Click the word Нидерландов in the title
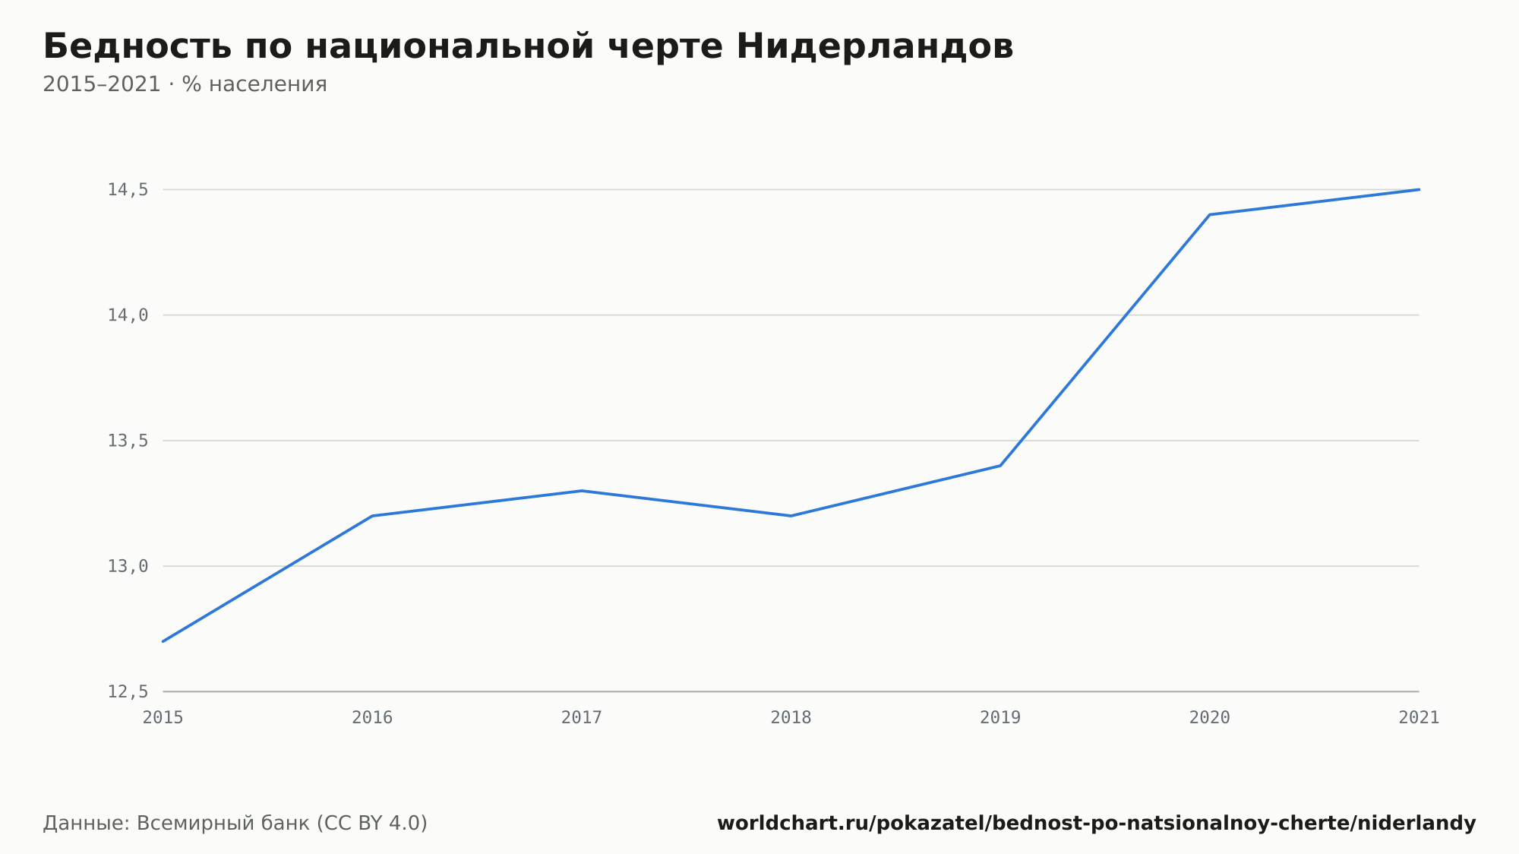[874, 46]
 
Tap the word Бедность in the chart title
[137, 46]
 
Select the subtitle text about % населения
[185, 84]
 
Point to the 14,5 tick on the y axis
[128, 190]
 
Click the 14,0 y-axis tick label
[128, 315]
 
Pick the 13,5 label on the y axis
[128, 441]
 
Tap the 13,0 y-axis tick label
[128, 566]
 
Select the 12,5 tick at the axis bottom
[128, 691]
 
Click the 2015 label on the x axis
[163, 718]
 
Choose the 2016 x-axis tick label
[372, 718]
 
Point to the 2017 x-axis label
[582, 718]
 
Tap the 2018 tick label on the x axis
[791, 718]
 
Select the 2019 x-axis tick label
[1000, 718]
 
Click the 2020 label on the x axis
[1210, 718]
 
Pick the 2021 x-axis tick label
[1419, 718]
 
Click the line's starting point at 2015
[163, 641]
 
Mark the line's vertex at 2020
[1210, 215]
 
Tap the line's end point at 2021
[1419, 190]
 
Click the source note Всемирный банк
[235, 824]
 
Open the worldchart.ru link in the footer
[1097, 824]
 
